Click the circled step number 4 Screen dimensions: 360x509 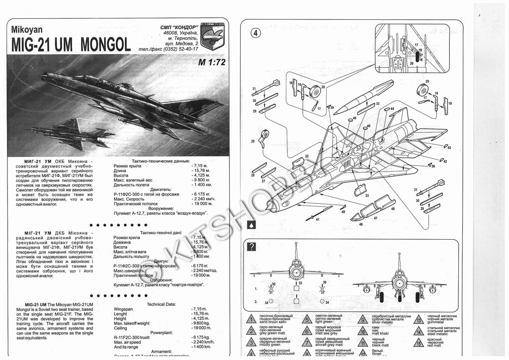(255, 33)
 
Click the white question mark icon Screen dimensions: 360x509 (252, 247)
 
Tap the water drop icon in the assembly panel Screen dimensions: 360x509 (252, 224)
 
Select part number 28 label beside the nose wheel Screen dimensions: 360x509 (253, 142)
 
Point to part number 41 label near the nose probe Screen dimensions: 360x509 (317, 219)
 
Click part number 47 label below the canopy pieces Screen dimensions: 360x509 (376, 218)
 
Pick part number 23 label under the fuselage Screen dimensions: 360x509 (367, 195)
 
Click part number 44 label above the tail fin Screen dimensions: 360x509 (392, 108)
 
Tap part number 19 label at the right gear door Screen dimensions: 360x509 (451, 103)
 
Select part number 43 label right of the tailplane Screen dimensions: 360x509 (449, 148)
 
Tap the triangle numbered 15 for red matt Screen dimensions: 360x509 (420, 343)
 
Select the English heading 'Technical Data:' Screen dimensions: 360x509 (163, 304)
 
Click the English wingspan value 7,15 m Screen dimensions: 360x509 (200, 309)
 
